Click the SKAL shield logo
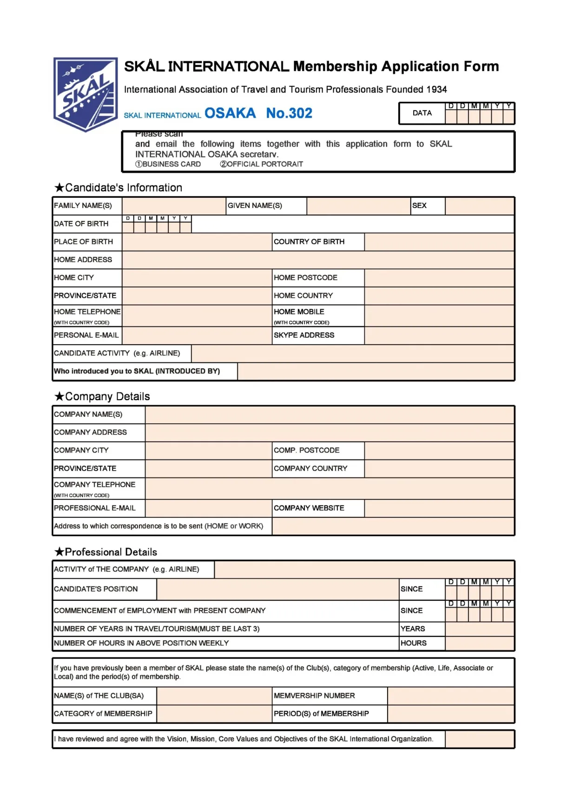coord(86,94)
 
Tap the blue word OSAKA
coord(230,113)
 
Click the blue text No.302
coord(289,113)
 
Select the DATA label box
coord(422,113)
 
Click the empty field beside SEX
coord(479,206)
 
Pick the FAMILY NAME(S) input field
coord(174,206)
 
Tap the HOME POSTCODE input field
coord(439,278)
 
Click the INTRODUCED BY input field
coord(376,371)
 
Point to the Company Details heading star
coord(59,396)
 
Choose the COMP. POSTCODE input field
coord(439,450)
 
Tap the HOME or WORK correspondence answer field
coord(393,526)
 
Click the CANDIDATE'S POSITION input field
coord(277,589)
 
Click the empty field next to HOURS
coord(479,643)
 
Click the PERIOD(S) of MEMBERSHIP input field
coord(450,714)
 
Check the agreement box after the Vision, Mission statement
coord(479,739)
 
